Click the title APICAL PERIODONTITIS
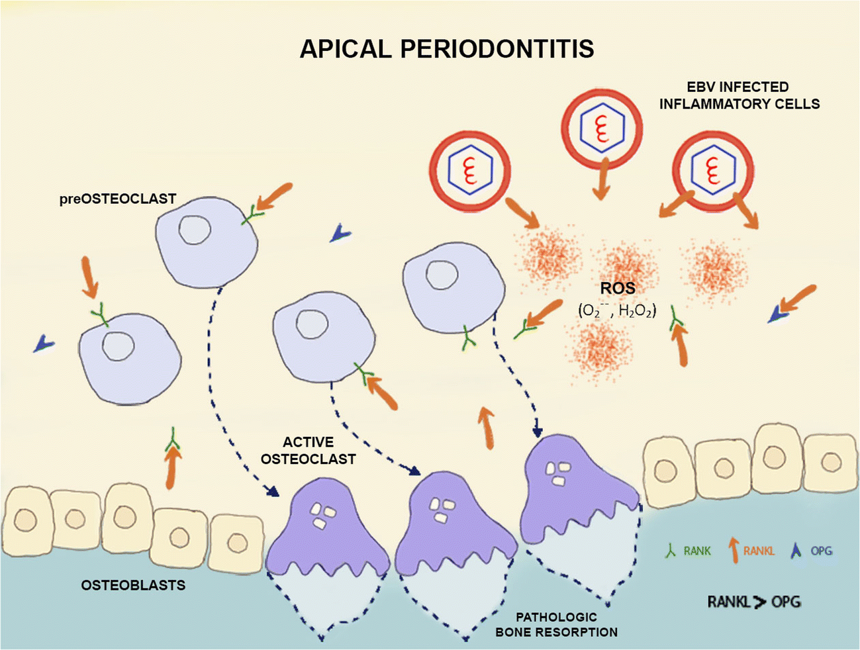pos(447,49)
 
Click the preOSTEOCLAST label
pos(118,199)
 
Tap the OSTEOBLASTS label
pos(133,585)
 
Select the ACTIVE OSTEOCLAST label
pos(308,450)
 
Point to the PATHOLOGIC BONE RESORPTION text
pos(556,624)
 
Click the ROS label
pos(617,288)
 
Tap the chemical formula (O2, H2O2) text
pos(617,310)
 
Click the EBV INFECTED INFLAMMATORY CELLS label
pos(739,95)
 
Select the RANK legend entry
pos(689,550)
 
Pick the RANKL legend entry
pos(751,550)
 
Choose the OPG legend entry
pos(812,550)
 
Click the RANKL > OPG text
pos(754,601)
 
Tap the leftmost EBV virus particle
pos(470,168)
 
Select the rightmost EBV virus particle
pos(712,168)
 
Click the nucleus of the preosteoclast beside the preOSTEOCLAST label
pos(195,231)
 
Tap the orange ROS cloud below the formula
pos(600,348)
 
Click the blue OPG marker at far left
pos(44,343)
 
